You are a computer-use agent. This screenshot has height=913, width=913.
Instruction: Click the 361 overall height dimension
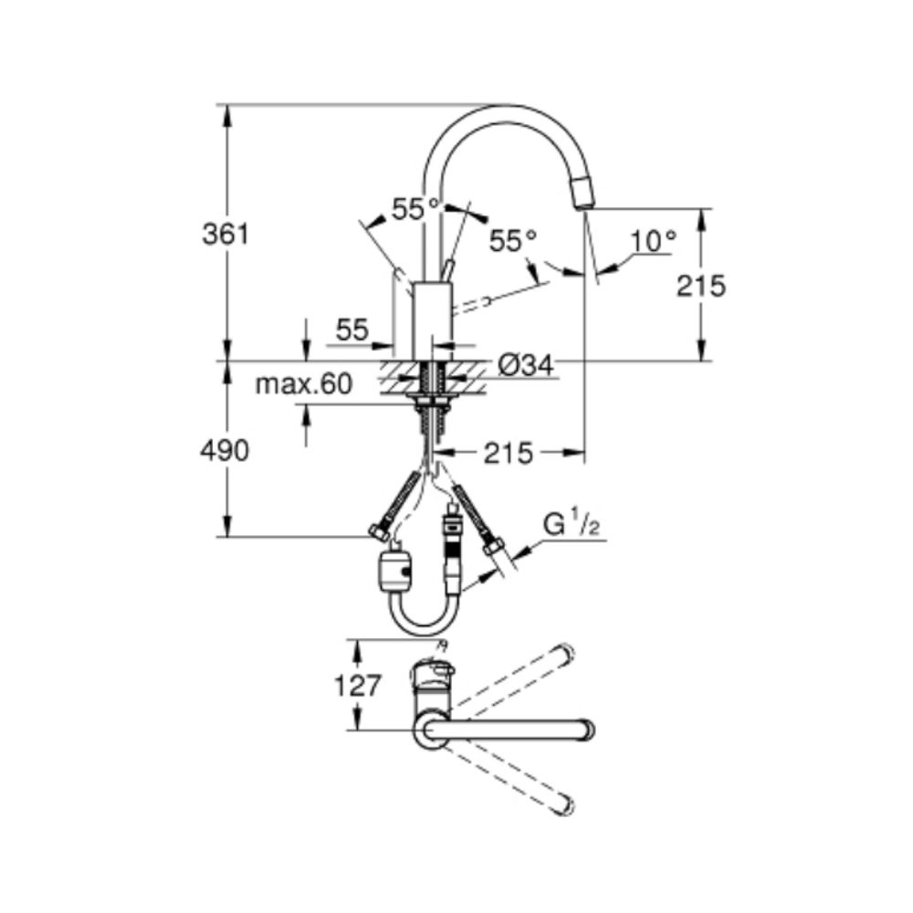tap(225, 234)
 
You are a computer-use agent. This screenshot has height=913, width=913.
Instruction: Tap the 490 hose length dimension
tap(225, 450)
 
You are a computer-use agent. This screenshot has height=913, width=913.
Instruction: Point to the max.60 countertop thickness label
tap(303, 384)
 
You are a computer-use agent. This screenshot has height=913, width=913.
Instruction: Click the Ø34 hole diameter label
tap(526, 366)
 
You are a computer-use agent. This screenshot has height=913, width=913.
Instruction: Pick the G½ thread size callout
tap(571, 525)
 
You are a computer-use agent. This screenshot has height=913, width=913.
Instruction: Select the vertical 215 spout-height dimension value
tap(701, 286)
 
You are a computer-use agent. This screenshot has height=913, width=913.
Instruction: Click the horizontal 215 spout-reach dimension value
tap(508, 453)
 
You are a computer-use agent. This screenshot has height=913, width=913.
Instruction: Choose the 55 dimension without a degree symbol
tap(351, 331)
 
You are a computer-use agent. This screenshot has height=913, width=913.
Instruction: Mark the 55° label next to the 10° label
tap(513, 241)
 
